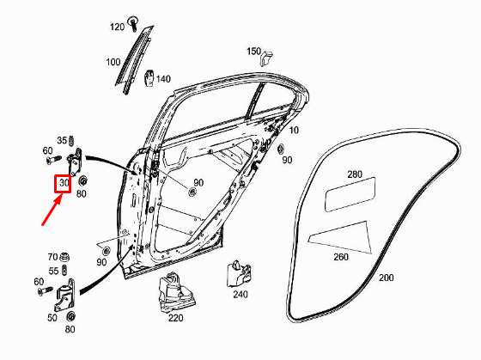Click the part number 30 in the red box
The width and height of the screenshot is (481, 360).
pos(64,183)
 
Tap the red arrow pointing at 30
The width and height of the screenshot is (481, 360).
pos(52,211)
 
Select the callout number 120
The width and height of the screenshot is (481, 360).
pos(117,27)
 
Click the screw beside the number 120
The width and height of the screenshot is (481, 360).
pos(133,23)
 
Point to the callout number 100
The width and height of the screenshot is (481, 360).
pos(113,63)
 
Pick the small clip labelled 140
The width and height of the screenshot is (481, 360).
pos(149,78)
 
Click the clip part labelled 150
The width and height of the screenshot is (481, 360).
pos(266,57)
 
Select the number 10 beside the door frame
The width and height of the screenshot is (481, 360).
pos(294,130)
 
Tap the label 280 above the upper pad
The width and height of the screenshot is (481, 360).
pos(355,174)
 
